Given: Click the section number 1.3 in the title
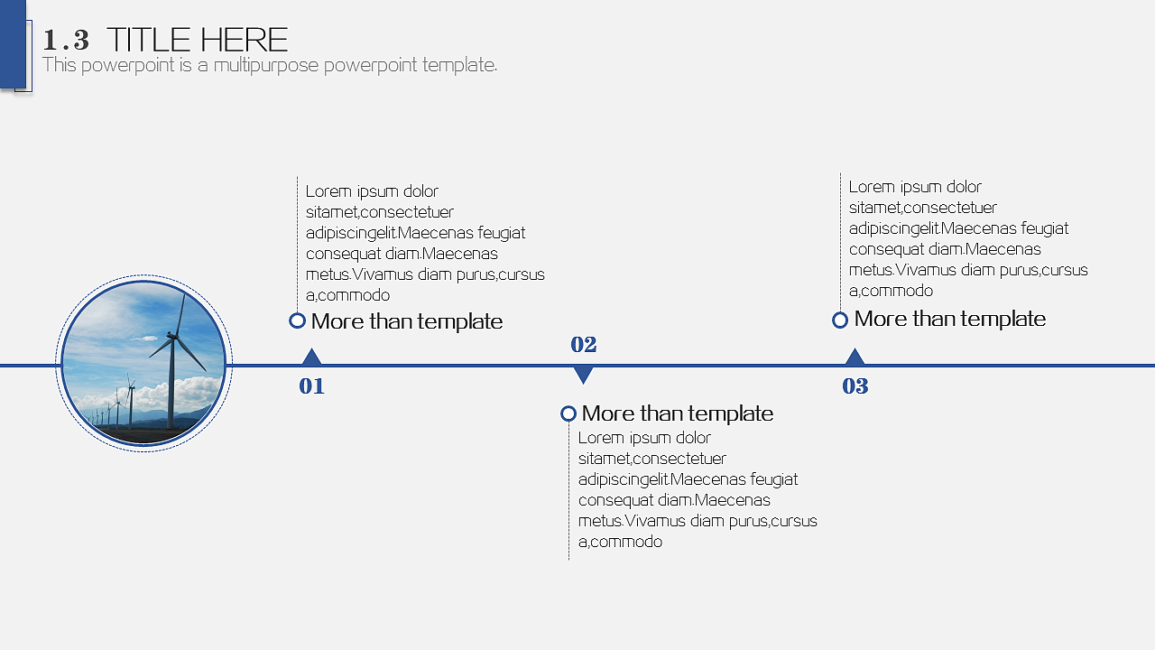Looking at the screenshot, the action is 66,41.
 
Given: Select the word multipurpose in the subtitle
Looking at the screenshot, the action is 266,66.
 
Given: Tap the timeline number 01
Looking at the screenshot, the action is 311,385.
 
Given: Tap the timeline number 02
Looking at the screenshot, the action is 583,345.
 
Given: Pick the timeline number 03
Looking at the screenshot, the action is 855,385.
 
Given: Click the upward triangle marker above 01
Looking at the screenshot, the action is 311,357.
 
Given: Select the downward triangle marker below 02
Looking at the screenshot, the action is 583,375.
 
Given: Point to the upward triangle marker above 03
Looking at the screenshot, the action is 855,357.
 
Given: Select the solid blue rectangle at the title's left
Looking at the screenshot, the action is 13,44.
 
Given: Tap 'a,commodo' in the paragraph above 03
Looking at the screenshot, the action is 891,291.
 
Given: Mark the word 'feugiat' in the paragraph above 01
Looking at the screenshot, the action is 501,233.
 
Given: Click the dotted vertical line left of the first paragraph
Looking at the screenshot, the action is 297,244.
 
